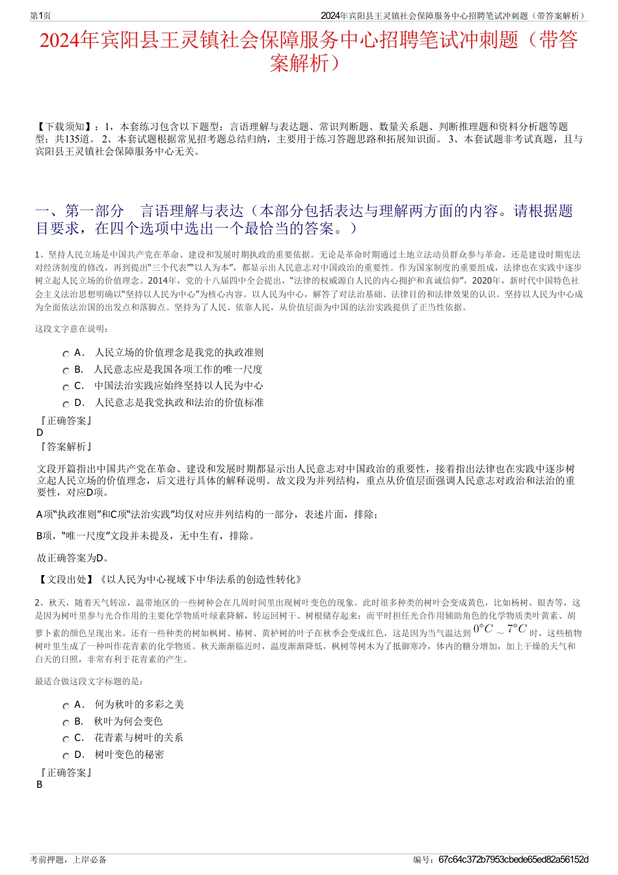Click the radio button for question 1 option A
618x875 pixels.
pos(66,354)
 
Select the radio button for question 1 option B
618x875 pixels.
pos(66,371)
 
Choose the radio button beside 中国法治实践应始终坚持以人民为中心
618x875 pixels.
pos(66,387)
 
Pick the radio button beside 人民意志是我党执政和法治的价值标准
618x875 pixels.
pos(66,404)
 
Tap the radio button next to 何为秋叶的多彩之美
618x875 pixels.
pos(66,706)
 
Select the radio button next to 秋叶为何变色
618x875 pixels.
pos(66,723)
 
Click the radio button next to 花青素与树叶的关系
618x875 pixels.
pos(66,739)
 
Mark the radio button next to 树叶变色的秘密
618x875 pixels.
pos(66,756)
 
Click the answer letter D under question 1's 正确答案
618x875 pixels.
pos(40,433)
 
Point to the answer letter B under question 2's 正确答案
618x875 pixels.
pos(40,785)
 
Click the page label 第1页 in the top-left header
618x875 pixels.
pos(40,16)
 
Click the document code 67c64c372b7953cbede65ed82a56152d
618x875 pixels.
pos(513,859)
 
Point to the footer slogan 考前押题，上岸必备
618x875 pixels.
pos(68,859)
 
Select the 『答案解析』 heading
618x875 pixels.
pos(66,447)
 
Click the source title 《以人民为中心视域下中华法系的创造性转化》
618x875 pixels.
pos(200,579)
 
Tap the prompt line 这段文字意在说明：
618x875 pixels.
pos(72,329)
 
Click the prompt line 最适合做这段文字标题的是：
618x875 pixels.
pos(89,681)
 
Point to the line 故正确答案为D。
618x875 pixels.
pos(74,558)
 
